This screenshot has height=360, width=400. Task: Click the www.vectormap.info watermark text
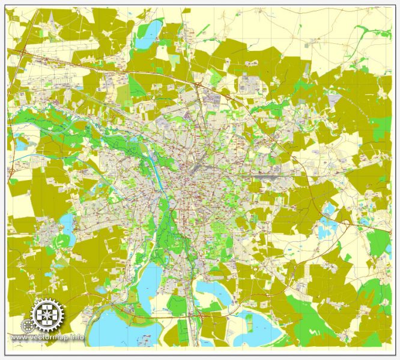tap(47, 337)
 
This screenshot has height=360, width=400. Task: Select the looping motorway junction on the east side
tap(347, 223)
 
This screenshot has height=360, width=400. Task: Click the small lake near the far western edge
tap(21, 145)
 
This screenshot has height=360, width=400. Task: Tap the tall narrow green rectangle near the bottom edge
tap(183, 330)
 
